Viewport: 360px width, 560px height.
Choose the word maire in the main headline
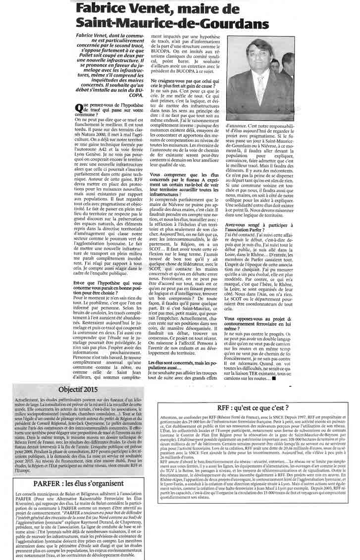230,9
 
